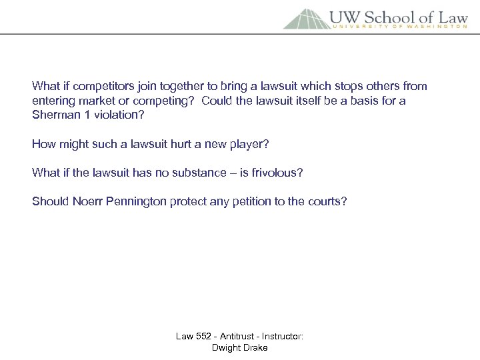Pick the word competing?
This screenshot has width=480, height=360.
(x=163, y=101)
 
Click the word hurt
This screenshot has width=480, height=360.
(x=171, y=144)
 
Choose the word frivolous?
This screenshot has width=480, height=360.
(x=275, y=173)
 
